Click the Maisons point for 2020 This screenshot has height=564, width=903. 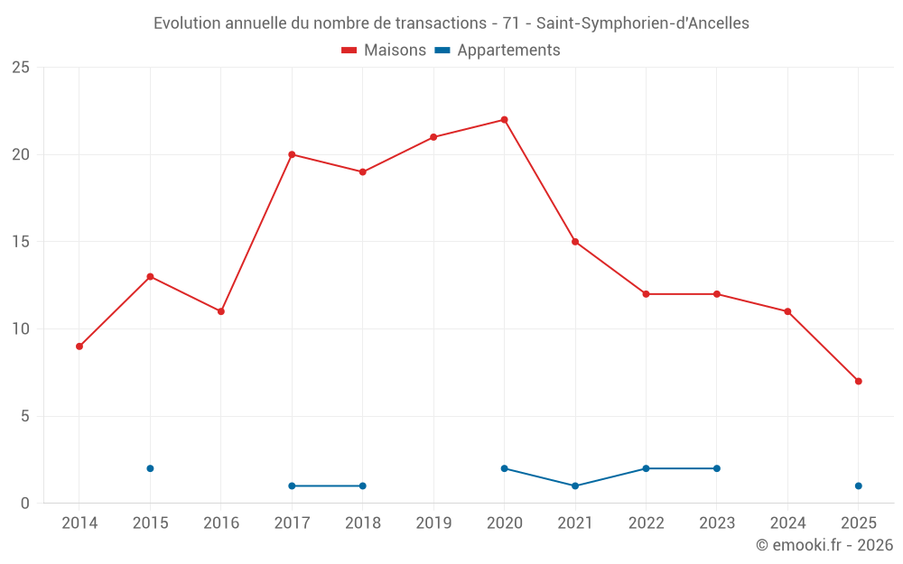tap(504, 120)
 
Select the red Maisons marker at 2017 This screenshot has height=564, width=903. tap(292, 154)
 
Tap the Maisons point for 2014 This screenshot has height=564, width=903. tap(79, 347)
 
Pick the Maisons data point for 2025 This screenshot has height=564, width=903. tap(858, 381)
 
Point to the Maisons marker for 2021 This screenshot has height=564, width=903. tap(575, 242)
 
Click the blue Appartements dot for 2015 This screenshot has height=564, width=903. tap(150, 468)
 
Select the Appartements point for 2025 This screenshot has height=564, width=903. tap(858, 485)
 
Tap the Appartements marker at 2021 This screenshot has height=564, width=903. tap(575, 485)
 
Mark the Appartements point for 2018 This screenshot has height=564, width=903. tap(362, 485)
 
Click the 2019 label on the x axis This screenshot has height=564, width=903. tap(433, 523)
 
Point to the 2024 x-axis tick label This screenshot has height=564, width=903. tap(787, 523)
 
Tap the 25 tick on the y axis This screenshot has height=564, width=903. tap(21, 68)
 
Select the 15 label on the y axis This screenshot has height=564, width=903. tap(21, 242)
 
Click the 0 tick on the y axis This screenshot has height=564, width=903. tap(25, 503)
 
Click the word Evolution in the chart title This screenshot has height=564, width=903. tap(186, 23)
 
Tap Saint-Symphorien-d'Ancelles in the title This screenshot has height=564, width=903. tap(643, 23)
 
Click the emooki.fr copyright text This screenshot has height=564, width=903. tap(824, 545)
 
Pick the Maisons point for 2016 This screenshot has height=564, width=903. tap(220, 311)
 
